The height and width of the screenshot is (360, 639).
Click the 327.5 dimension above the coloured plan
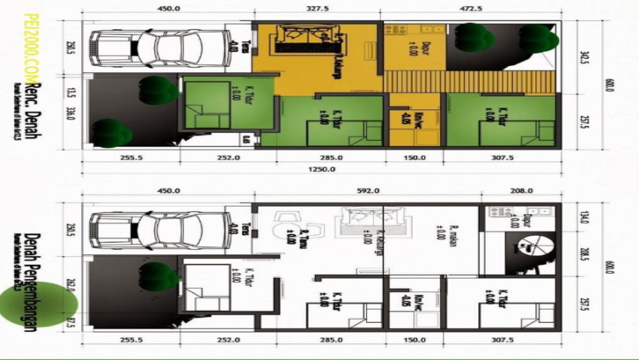(x=319, y=9)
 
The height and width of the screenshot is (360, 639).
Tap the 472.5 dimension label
(x=472, y=9)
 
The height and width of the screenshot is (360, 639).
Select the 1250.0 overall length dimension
(x=319, y=171)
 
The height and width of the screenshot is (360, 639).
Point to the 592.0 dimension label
(x=367, y=190)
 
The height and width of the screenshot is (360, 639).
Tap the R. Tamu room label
(x=303, y=237)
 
